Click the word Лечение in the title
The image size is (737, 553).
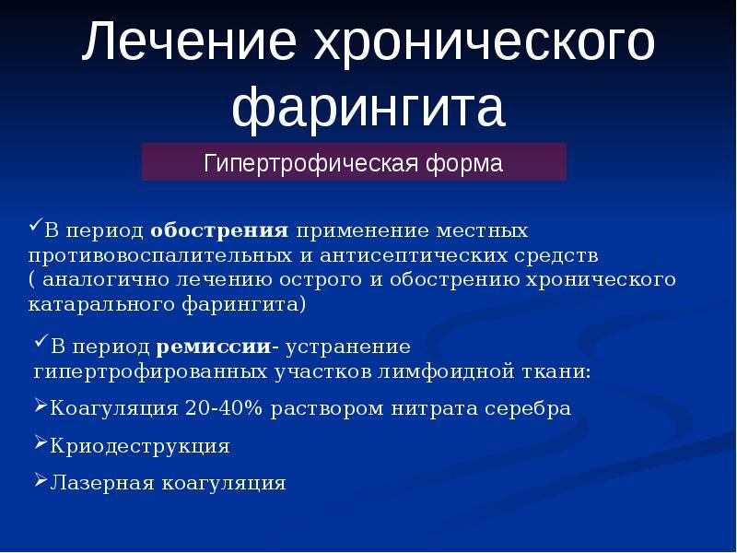pos(190,41)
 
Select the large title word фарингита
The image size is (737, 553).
pos(368,109)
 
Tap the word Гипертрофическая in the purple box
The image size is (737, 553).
pos(310,164)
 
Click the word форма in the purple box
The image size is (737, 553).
pos(464,164)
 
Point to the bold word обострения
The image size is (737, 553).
pos(219,230)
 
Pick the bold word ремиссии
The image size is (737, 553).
pos(214,347)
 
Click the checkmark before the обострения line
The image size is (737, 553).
pos(36,224)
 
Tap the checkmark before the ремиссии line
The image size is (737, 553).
pos(41,340)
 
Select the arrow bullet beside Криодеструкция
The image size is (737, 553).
pos(41,442)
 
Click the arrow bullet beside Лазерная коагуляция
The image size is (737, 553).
pos(41,479)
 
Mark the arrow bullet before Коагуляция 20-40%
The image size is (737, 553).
pos(41,405)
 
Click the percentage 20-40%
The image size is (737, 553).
pos(224,407)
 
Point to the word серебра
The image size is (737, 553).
pos(528,408)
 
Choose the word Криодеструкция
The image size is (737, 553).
pos(140,446)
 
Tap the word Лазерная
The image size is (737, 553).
pos(102,483)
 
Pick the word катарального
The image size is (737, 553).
pos(101,304)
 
